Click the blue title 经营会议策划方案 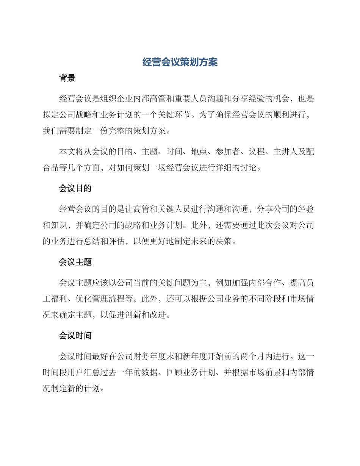click(180, 62)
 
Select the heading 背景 click(67, 78)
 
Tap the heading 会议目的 click(75, 188)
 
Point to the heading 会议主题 click(75, 262)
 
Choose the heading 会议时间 click(75, 335)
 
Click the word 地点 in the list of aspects click(199, 152)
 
